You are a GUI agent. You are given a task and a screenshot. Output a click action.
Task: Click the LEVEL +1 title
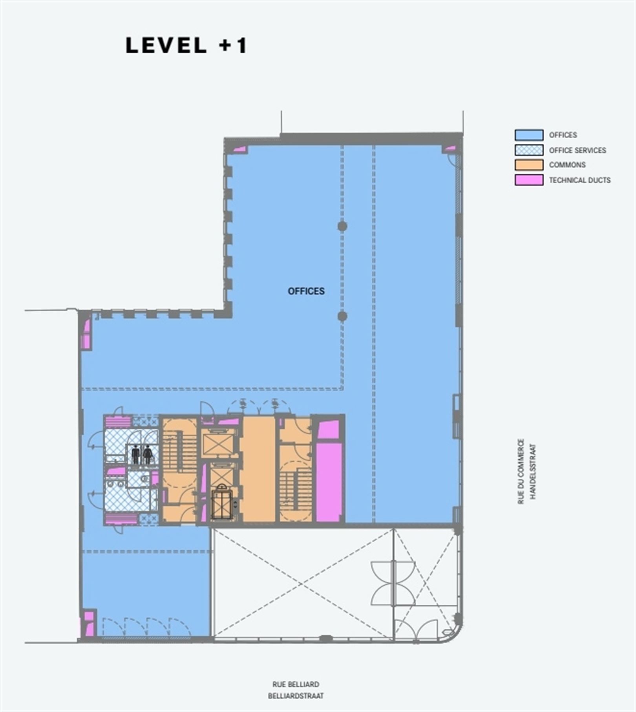coord(186,45)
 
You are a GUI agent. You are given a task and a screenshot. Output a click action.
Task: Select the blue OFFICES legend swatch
coord(529,135)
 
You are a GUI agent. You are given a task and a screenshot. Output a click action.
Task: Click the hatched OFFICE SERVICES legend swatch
coord(529,150)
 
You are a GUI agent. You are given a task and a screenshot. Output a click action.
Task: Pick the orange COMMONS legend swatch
coord(529,165)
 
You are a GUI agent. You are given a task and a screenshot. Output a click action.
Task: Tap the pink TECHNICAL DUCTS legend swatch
coord(529,180)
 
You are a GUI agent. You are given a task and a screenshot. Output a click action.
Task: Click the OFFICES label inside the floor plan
coord(306,291)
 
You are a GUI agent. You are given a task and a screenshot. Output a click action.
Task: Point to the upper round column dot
coord(342,226)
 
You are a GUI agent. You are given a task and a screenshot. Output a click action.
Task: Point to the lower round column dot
coord(342,316)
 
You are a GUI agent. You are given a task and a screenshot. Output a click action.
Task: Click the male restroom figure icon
coord(136,455)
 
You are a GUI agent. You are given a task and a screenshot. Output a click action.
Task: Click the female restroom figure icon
coord(148,455)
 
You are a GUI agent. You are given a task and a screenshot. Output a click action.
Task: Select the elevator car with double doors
coord(221,502)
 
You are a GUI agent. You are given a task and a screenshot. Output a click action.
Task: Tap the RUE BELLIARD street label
coord(296,684)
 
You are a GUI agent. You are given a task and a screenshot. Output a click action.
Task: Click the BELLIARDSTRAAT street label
coord(296,696)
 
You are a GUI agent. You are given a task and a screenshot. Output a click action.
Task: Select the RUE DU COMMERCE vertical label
coord(521,471)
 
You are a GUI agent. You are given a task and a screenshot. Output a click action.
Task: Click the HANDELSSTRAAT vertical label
coord(533,471)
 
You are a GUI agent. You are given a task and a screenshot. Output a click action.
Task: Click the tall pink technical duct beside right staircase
coord(328,481)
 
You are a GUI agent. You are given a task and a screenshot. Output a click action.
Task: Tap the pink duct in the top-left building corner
coord(239,150)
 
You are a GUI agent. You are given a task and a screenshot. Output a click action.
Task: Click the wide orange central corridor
coord(259,469)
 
